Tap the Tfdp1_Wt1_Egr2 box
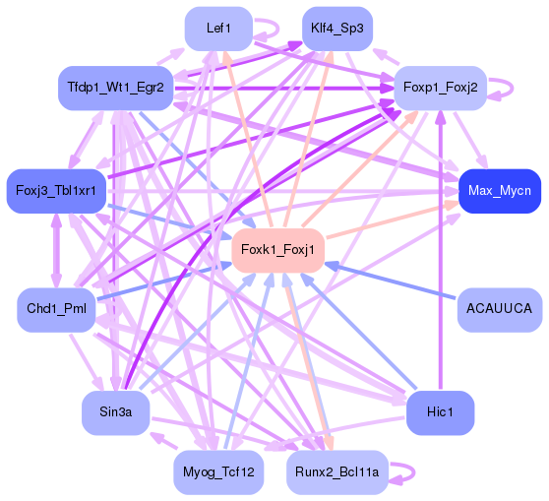pyautogui.click(x=115, y=88)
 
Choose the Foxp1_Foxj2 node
pyautogui.click(x=440, y=88)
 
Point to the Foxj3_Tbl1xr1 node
pyautogui.click(x=55, y=190)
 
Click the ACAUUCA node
pyautogui.click(x=500, y=309)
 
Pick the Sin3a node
pyautogui.click(x=115, y=412)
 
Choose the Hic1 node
pyautogui.click(x=440, y=412)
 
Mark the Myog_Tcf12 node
pyautogui.click(x=218, y=472)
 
